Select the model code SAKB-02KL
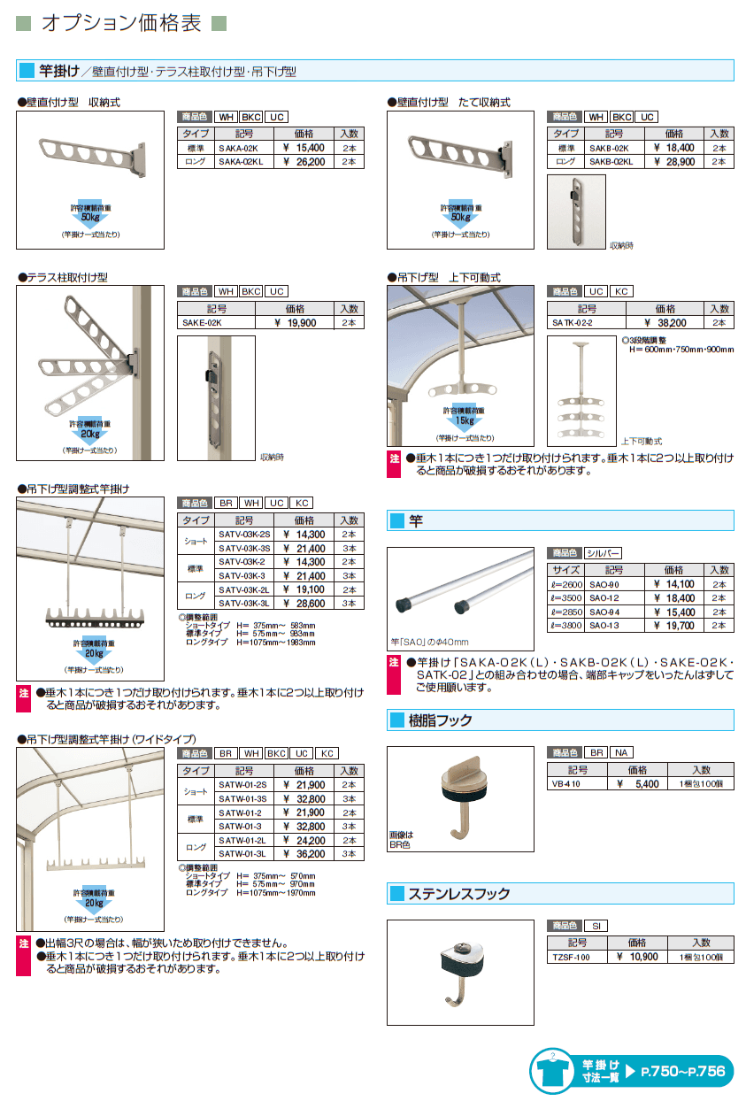point(609,162)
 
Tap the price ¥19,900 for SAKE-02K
point(295,323)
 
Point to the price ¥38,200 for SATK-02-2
point(665,323)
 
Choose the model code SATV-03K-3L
point(244,604)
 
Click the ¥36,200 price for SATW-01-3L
point(304,854)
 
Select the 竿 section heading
point(416,521)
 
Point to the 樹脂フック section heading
point(440,720)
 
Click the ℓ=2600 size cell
point(565,584)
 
